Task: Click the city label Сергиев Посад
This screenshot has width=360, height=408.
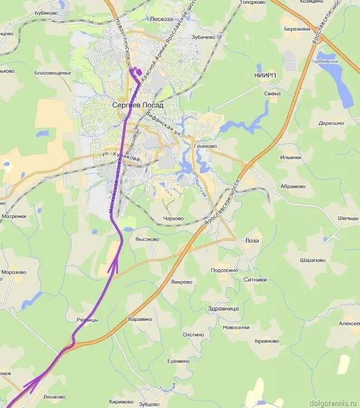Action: pyautogui.click(x=138, y=105)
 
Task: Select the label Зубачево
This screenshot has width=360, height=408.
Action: pyautogui.click(x=203, y=37)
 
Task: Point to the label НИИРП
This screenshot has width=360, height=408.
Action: pyautogui.click(x=265, y=75)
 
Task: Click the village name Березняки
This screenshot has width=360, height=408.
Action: pyautogui.click(x=296, y=29)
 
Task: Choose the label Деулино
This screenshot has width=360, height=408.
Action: pyautogui.click(x=331, y=123)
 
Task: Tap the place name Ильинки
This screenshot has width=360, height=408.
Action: pyautogui.click(x=291, y=158)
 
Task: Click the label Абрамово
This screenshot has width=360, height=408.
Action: pyautogui.click(x=293, y=187)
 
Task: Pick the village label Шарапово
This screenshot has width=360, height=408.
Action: pyautogui.click(x=312, y=260)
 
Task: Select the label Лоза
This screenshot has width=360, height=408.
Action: pyautogui.click(x=252, y=241)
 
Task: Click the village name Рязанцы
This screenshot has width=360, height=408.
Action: pyautogui.click(x=87, y=320)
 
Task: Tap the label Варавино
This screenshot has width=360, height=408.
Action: pyautogui.click(x=140, y=319)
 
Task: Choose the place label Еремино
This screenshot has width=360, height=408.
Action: pyautogui.click(x=178, y=361)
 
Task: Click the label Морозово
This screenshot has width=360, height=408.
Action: pyautogui.click(x=13, y=273)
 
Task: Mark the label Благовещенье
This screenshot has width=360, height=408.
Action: pyautogui.click(x=52, y=73)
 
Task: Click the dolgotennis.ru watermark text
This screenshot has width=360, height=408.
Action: pyautogui.click(x=334, y=402)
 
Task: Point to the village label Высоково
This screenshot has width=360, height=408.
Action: pyautogui.click(x=147, y=239)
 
